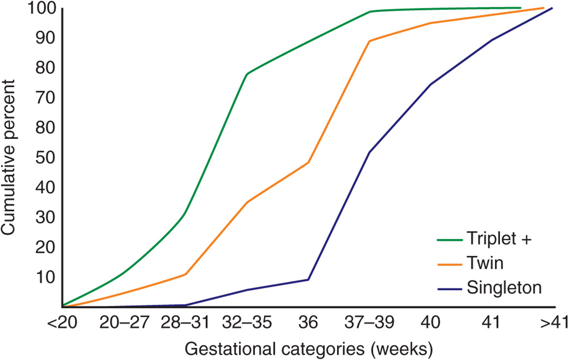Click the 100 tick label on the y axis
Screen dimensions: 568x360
point(41,8)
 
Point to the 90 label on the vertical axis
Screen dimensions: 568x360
point(45,38)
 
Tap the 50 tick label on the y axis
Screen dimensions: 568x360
point(45,157)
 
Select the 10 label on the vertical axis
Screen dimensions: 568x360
point(45,277)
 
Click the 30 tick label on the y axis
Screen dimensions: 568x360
point(45,217)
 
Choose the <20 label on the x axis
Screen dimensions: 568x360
point(62,323)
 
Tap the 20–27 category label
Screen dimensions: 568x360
point(124,323)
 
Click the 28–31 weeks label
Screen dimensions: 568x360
point(185,323)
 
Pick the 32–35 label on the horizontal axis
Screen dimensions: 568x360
point(247,323)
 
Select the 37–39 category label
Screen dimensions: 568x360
point(369,323)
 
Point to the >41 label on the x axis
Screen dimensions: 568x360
point(554,323)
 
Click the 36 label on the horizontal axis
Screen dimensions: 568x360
point(308,323)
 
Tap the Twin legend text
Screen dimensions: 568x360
point(485,263)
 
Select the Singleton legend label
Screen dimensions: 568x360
point(504,288)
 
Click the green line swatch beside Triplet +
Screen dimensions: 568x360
point(450,240)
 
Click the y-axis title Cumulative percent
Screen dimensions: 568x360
point(8,157)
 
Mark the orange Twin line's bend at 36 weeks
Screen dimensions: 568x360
point(308,163)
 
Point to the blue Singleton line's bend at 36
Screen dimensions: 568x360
point(308,279)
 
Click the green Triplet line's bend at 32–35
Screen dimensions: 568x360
point(247,74)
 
